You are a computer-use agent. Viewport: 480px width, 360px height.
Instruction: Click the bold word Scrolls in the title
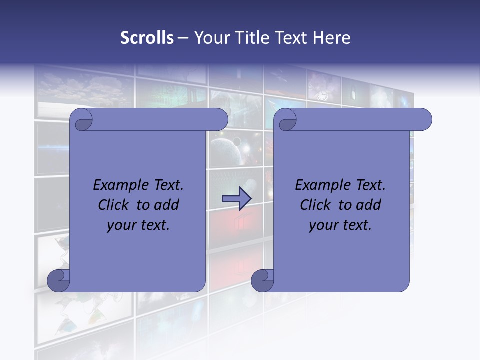[147, 38]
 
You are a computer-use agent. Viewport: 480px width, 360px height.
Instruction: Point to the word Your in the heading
[210, 38]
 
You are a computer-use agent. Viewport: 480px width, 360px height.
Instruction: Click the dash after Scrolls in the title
[183, 38]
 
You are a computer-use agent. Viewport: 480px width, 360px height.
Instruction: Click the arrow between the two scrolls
[236, 198]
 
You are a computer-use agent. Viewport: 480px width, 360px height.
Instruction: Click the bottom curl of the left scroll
[59, 280]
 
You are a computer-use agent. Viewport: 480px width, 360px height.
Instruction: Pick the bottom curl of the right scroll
[262, 280]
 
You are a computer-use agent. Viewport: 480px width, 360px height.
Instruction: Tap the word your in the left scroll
[120, 225]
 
